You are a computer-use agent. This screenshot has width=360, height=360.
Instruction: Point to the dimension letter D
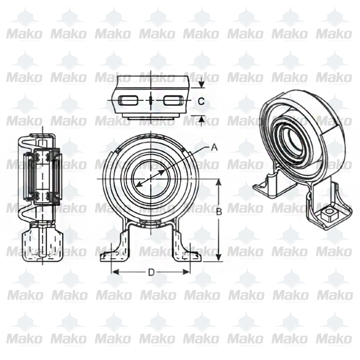coord(151,272)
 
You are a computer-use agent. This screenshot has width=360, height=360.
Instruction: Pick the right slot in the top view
coord(174,101)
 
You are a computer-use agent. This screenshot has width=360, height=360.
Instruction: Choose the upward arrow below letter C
coord(201,119)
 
